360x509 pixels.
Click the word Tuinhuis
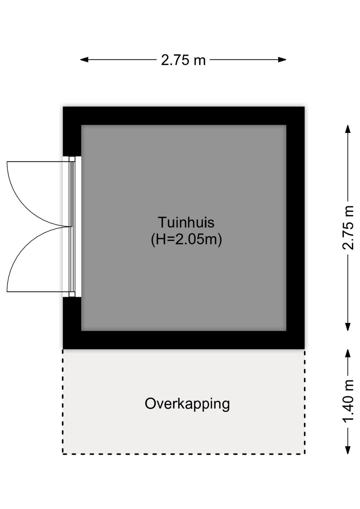(186, 222)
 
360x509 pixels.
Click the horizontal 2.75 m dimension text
(183, 60)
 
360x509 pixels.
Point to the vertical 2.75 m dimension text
(348, 227)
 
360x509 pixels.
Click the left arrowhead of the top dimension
(84, 60)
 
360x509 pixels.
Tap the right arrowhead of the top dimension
(282, 60)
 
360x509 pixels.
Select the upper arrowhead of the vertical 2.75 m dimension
(348, 129)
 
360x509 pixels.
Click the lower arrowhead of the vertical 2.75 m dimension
(348, 327)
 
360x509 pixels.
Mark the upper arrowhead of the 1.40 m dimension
(348, 353)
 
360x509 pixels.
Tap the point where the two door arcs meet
(71, 227)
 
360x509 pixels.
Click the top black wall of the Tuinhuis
(183, 116)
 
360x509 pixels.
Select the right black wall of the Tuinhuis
(295, 228)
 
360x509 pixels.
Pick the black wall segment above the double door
(72, 131)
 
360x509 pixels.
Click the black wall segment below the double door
(72, 323)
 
